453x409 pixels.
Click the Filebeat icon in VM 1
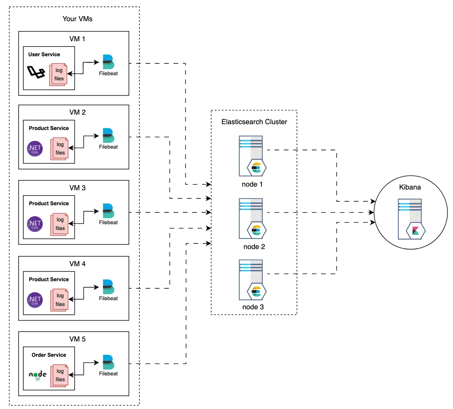pyautogui.click(x=108, y=62)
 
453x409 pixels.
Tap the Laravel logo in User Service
pyautogui.click(x=36, y=72)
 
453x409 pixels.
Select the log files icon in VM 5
pyautogui.click(x=59, y=375)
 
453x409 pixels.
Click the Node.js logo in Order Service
pyautogui.click(x=38, y=375)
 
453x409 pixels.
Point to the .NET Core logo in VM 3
pyautogui.click(x=35, y=224)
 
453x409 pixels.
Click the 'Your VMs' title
pyautogui.click(x=77, y=19)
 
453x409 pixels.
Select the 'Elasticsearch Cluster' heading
pyautogui.click(x=254, y=122)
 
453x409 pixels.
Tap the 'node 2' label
pyautogui.click(x=254, y=246)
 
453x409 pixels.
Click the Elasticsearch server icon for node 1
pyautogui.click(x=252, y=156)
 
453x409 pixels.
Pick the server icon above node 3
pyautogui.click(x=252, y=280)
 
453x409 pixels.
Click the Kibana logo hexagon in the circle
pyautogui.click(x=415, y=231)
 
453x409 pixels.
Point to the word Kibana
pyautogui.click(x=410, y=187)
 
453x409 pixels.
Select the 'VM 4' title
pyautogui.click(x=77, y=264)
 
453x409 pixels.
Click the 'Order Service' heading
pyautogui.click(x=49, y=355)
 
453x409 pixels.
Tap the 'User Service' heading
pyautogui.click(x=44, y=54)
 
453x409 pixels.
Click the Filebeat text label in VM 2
pyautogui.click(x=108, y=147)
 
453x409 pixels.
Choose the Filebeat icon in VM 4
pyautogui.click(x=108, y=287)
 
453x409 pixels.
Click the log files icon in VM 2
pyautogui.click(x=59, y=149)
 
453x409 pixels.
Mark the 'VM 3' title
pyautogui.click(x=77, y=188)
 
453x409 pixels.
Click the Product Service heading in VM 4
pyautogui.click(x=49, y=279)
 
